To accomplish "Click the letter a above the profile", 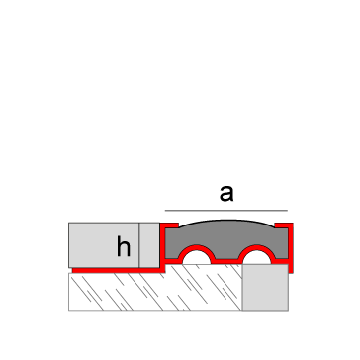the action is (x=226, y=193).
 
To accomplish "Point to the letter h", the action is (x=123, y=247).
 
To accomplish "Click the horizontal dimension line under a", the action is (x=226, y=211).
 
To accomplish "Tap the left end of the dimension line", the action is (x=164, y=211).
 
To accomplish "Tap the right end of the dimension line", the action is (x=288, y=211).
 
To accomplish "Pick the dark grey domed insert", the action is (x=226, y=236).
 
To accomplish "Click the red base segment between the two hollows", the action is (x=227, y=264).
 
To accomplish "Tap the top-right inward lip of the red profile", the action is (x=286, y=226).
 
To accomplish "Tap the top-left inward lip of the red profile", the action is (x=168, y=226).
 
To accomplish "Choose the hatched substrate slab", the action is (x=148, y=291).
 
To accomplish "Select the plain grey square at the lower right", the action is (x=264, y=291).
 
